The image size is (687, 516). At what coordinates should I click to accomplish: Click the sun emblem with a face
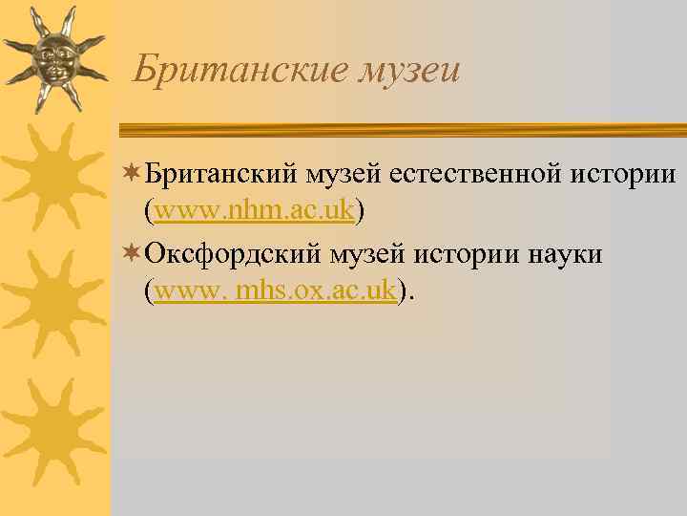pos(53,58)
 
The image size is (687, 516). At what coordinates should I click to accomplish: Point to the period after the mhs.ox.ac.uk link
pos(412,296)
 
